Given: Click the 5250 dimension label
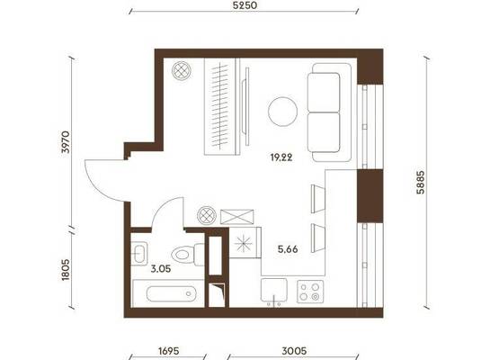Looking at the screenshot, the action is coord(245,5).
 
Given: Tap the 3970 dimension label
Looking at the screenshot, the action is coord(67,141).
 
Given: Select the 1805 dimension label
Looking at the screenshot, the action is coord(66,269).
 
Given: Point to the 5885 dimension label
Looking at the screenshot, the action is coord(420,182).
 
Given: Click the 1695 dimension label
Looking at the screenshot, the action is coord(169,351).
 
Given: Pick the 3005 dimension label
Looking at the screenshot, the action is coord(294,351).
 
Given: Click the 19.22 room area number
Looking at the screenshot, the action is coord(281,157).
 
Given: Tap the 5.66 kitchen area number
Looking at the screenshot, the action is coord(288,249).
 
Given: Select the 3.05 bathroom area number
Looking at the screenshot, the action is coord(161,269).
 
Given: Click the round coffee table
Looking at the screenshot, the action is coord(282,112).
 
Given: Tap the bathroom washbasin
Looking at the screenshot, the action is coord(138,253).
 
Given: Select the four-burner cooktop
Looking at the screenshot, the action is coord(310,292).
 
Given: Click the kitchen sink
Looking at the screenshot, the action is coord(274,291).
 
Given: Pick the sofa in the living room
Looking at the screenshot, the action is coord(330,112).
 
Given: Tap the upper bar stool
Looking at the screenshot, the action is coord(317,199).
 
